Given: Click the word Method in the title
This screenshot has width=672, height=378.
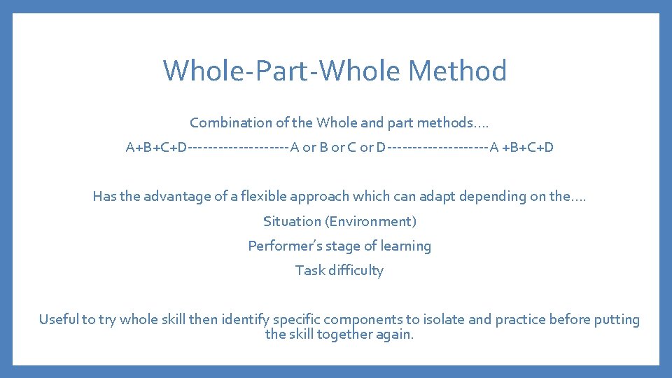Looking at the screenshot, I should [x=457, y=71].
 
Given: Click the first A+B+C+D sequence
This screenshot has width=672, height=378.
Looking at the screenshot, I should [x=156, y=148].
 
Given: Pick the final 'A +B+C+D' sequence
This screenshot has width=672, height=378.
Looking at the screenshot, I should [x=521, y=148].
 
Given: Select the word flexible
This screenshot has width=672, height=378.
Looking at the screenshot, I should [x=265, y=197].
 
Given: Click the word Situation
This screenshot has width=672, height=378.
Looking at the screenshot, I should [x=292, y=221].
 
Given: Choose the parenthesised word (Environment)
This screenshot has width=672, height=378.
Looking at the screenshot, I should [x=370, y=221].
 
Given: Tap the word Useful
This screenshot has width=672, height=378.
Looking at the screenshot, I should [x=58, y=320].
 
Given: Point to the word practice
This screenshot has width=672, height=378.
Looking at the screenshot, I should [x=520, y=320].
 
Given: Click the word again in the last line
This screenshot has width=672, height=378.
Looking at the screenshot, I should [x=394, y=335].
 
